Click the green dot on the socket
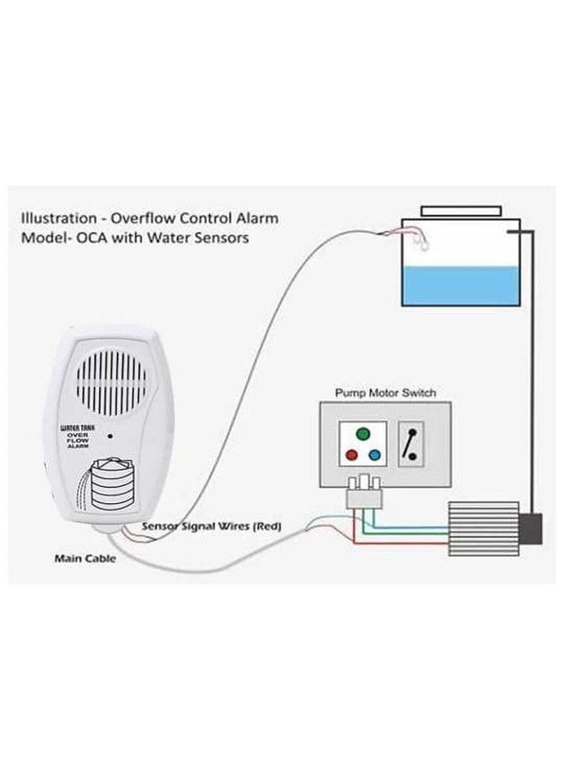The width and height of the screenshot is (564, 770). (x=363, y=434)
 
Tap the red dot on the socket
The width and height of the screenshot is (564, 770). (x=351, y=455)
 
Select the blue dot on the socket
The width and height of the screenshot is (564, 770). (x=374, y=455)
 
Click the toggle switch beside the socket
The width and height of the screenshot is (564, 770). (x=411, y=444)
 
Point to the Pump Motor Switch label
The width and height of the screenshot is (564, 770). (x=385, y=393)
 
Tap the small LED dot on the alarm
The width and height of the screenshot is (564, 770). (x=110, y=435)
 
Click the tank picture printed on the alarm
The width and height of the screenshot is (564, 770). (x=107, y=483)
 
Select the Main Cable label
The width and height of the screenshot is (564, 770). (x=85, y=559)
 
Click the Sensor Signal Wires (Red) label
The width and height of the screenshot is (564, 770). (x=211, y=526)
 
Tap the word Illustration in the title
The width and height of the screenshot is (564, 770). (x=59, y=218)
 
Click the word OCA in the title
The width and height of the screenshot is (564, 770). (x=95, y=238)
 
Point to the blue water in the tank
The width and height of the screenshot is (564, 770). (x=461, y=287)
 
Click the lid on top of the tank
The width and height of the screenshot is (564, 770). (x=461, y=210)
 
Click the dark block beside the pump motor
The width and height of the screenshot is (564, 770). (x=530, y=529)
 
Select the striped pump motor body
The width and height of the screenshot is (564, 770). (x=484, y=529)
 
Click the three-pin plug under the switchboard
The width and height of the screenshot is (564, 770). (x=364, y=492)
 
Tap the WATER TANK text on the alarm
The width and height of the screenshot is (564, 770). (x=78, y=428)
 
